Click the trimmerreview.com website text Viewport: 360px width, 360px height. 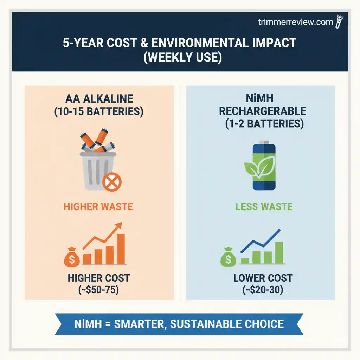tap(295, 22)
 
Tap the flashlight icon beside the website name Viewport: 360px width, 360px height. tap(340, 22)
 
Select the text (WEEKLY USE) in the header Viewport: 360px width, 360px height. tap(180, 57)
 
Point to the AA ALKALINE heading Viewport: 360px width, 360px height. tap(99, 98)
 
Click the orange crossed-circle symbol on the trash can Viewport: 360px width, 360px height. tap(112, 183)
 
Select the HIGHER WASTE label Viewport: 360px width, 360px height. tap(98, 206)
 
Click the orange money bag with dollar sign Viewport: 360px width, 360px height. tap(72, 257)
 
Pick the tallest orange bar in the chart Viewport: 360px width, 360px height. tap(121, 249)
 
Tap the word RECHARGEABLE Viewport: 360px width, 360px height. tap(263, 111)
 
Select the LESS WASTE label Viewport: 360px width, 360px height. tap(264, 206)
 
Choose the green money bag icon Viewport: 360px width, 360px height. tap(228, 257)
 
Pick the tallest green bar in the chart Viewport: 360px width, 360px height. tap(279, 252)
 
